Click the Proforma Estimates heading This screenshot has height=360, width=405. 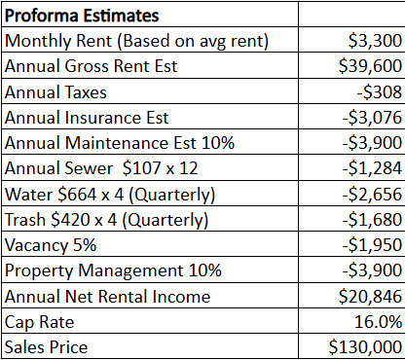pyautogui.click(x=82, y=16)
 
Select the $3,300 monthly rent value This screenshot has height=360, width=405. pyautogui.click(x=375, y=41)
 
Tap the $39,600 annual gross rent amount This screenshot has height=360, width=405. pyautogui.click(x=370, y=66)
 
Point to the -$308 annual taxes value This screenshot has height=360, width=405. pyautogui.click(x=380, y=92)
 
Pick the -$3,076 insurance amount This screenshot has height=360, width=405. pyautogui.click(x=372, y=118)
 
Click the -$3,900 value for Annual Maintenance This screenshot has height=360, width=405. pyautogui.click(x=372, y=143)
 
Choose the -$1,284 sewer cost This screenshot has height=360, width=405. pyautogui.click(x=372, y=168)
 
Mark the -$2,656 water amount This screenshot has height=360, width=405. pyautogui.click(x=372, y=194)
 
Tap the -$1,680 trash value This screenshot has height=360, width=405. pyautogui.click(x=372, y=220)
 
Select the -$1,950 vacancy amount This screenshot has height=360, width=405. pyautogui.click(x=372, y=245)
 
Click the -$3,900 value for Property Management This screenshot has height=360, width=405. pyautogui.click(x=372, y=270)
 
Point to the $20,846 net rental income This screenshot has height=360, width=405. pyautogui.click(x=370, y=297)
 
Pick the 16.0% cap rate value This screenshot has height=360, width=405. pyautogui.click(x=379, y=322)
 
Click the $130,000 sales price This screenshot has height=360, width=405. pyautogui.click(x=365, y=347)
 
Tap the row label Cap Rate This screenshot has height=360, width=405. pyautogui.click(x=40, y=322)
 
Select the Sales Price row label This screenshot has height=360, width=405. pyautogui.click(x=46, y=347)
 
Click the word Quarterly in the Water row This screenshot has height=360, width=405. pyautogui.click(x=172, y=195)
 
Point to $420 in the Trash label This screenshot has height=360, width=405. pyautogui.click(x=70, y=220)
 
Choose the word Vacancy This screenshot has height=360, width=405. pyautogui.click(x=36, y=245)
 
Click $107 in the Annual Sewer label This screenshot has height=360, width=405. pyautogui.click(x=142, y=168)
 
